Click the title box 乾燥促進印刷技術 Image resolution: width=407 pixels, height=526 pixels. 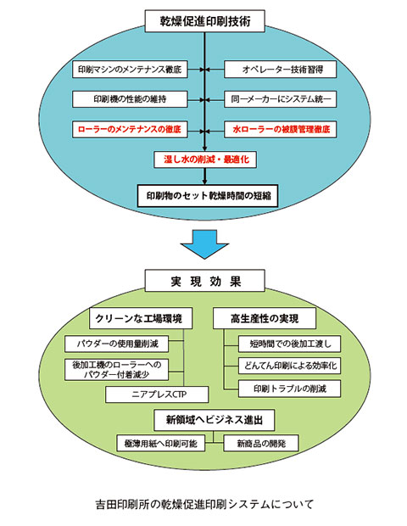[x=205, y=21]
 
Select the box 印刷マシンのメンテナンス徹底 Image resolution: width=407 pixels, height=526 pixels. [x=130, y=70]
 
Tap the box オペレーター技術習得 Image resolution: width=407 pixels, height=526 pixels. [x=281, y=70]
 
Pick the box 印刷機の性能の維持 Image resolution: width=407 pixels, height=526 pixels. [x=130, y=99]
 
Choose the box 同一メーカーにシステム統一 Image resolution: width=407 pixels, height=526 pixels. [x=281, y=99]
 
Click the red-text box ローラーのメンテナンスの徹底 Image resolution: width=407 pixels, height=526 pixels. [x=130, y=130]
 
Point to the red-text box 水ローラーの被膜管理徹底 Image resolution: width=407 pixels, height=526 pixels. [x=281, y=130]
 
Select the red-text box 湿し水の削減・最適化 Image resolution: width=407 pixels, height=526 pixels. [x=205, y=159]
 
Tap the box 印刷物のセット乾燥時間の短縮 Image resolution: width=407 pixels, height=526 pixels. [x=208, y=196]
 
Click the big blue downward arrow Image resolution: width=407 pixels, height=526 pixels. [x=204, y=244]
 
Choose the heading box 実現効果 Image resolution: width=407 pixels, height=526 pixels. [x=205, y=281]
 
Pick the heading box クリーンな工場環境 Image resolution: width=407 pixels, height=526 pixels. [x=141, y=318]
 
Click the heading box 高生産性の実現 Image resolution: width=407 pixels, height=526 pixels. [x=265, y=318]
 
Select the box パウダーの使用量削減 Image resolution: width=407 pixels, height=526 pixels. [x=117, y=344]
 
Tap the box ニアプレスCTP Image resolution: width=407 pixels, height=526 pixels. [x=157, y=394]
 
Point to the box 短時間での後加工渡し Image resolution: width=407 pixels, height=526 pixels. [x=290, y=344]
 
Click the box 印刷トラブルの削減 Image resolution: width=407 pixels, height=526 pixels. [x=290, y=389]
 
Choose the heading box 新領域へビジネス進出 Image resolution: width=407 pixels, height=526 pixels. [x=215, y=420]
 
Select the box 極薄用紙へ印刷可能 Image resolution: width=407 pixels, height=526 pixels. [x=160, y=443]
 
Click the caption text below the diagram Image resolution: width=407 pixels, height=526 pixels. [x=204, y=504]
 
